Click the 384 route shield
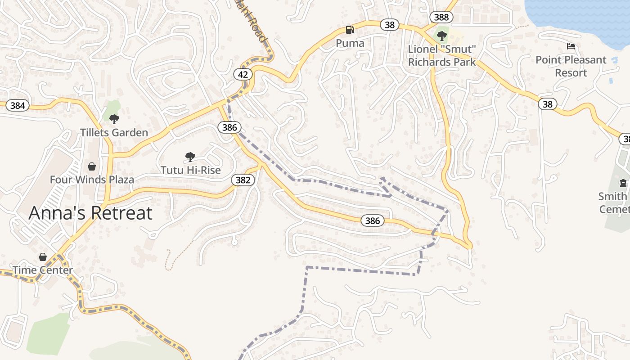(x=17, y=106)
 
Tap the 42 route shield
(x=243, y=74)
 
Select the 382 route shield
(x=243, y=180)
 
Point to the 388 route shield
(x=441, y=17)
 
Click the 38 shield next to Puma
(x=390, y=25)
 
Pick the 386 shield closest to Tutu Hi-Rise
(x=229, y=127)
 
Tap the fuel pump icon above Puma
(x=350, y=30)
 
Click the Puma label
(x=350, y=43)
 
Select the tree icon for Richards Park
(x=442, y=36)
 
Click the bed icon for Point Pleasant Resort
(x=571, y=46)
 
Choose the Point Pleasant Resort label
(x=571, y=66)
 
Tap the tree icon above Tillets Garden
(x=114, y=119)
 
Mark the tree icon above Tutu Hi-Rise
(x=190, y=157)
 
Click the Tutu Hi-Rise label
(x=191, y=170)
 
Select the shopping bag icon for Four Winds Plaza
(x=92, y=166)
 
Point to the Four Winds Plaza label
(x=92, y=180)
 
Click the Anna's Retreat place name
(x=90, y=213)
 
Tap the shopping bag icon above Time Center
(x=43, y=257)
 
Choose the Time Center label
(x=43, y=270)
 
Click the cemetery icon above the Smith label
(x=623, y=183)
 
